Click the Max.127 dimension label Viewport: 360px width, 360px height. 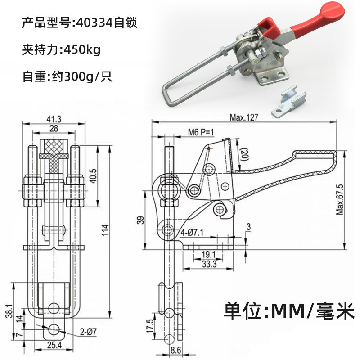pyautogui.click(x=243, y=117)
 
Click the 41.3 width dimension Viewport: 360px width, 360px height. pyautogui.click(x=54, y=118)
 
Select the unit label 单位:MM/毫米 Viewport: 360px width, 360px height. pyautogui.click(x=289, y=310)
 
